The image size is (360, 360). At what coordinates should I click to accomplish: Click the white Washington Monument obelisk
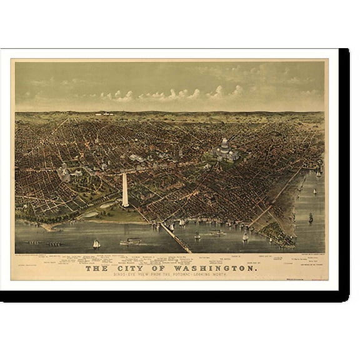125,191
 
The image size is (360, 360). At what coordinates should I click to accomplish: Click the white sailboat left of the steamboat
96,244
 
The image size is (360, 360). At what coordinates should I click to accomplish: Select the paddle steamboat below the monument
131,242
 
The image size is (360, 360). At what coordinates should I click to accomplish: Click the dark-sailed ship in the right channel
311,217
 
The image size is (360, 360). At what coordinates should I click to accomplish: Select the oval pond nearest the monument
91,213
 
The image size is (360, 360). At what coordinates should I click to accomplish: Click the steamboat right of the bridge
216,233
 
